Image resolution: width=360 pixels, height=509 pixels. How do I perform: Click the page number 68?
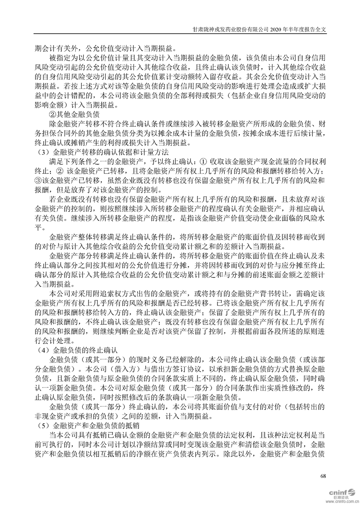[323, 475]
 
